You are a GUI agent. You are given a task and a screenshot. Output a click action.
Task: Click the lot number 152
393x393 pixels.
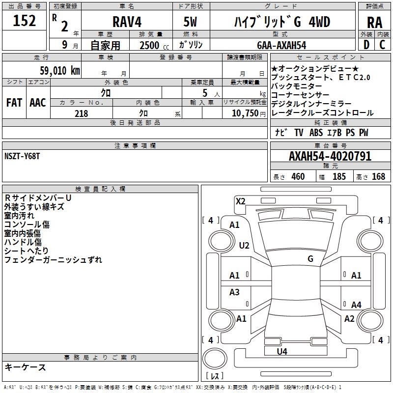point(24,21)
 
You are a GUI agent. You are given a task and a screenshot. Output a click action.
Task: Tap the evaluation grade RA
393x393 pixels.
point(374,23)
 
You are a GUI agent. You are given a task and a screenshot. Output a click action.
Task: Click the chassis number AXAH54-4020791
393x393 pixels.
point(330,157)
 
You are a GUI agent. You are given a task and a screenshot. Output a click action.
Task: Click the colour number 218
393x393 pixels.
point(81,113)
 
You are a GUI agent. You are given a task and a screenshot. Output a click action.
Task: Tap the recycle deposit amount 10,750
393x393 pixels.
point(244,113)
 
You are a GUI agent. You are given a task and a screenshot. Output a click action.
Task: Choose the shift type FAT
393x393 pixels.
point(14,103)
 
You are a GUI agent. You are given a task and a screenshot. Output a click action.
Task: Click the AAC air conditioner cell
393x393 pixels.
point(37,103)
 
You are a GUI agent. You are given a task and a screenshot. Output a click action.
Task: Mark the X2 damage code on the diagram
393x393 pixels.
point(240,201)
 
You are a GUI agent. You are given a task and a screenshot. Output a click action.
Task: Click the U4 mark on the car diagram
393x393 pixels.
point(281,351)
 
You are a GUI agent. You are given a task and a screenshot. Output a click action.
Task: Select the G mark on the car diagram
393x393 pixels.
point(310,259)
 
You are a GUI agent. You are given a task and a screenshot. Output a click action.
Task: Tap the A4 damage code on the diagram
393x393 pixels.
point(356,305)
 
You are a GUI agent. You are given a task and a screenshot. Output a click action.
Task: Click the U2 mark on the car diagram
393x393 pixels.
point(244,245)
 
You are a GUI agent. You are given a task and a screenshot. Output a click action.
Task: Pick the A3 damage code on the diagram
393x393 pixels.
point(234,292)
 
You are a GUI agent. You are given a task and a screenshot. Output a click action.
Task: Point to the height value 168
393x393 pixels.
point(378,176)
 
